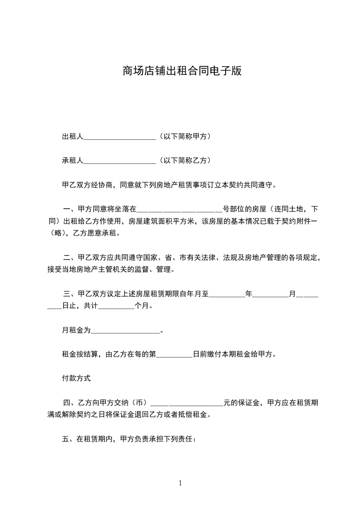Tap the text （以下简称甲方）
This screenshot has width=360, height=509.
185,136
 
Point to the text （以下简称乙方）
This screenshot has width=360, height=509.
185,161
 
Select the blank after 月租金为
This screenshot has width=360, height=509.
126,332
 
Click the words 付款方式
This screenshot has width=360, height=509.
77,377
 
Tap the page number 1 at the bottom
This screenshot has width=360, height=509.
180,483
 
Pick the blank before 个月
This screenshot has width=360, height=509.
116,307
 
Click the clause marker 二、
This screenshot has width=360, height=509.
70,258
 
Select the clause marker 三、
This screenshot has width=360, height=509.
70,294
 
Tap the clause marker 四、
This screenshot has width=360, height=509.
70,402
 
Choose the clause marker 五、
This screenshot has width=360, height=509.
69,439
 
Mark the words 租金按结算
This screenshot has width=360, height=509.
80,354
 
